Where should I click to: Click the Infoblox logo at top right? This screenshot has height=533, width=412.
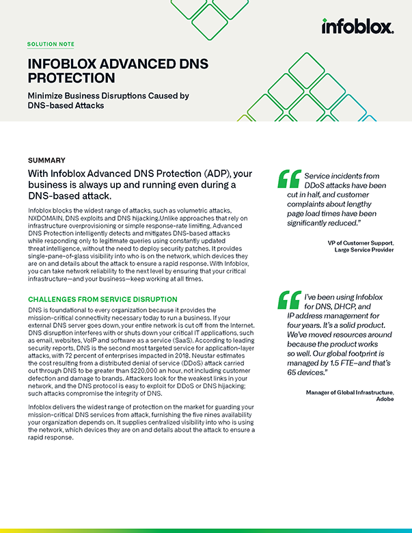[357, 27]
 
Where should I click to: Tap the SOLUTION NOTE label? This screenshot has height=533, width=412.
[51, 44]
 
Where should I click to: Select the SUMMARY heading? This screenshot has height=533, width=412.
[47, 161]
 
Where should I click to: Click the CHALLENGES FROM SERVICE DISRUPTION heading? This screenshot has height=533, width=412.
[102, 299]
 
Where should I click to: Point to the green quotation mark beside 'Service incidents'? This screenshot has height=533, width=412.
[289, 178]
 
